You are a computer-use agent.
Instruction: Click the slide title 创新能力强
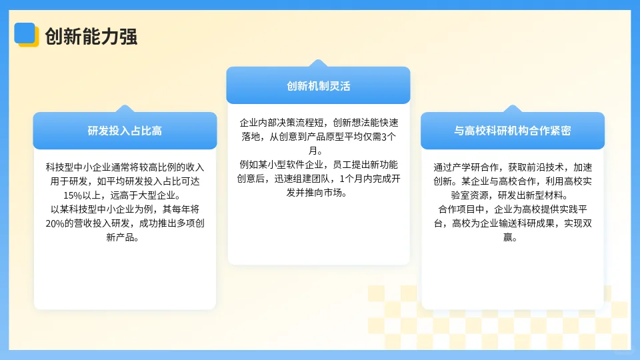[x=91, y=35]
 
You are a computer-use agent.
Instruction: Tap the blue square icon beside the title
[x=25, y=33]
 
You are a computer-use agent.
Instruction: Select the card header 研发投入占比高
[x=125, y=131]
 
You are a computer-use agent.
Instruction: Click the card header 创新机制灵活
[x=318, y=86]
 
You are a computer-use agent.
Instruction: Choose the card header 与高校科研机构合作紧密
[x=512, y=131]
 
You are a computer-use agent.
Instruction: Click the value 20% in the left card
[x=59, y=223]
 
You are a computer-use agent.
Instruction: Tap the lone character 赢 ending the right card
[x=511, y=237]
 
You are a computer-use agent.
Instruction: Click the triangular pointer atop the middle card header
[x=318, y=63]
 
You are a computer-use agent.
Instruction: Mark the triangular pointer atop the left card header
[x=125, y=108]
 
